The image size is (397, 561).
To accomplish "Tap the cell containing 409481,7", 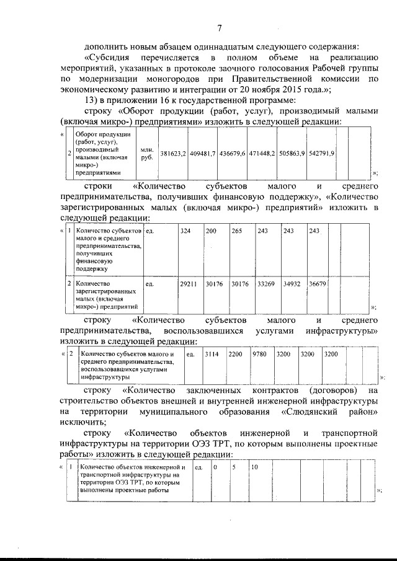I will point(203,153).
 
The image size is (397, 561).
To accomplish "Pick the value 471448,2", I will point(263,153).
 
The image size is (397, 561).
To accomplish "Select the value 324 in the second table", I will point(185,231).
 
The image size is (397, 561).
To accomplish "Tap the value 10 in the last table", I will point(254,467).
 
